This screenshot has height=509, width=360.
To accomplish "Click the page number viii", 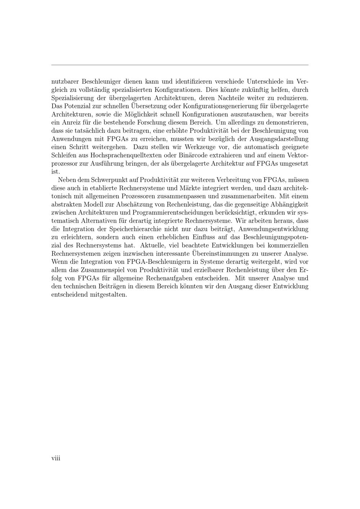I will click(x=56, y=458).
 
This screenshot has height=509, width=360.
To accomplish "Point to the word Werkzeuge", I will click(x=201, y=147).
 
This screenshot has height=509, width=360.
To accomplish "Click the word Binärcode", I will click(x=190, y=155).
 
